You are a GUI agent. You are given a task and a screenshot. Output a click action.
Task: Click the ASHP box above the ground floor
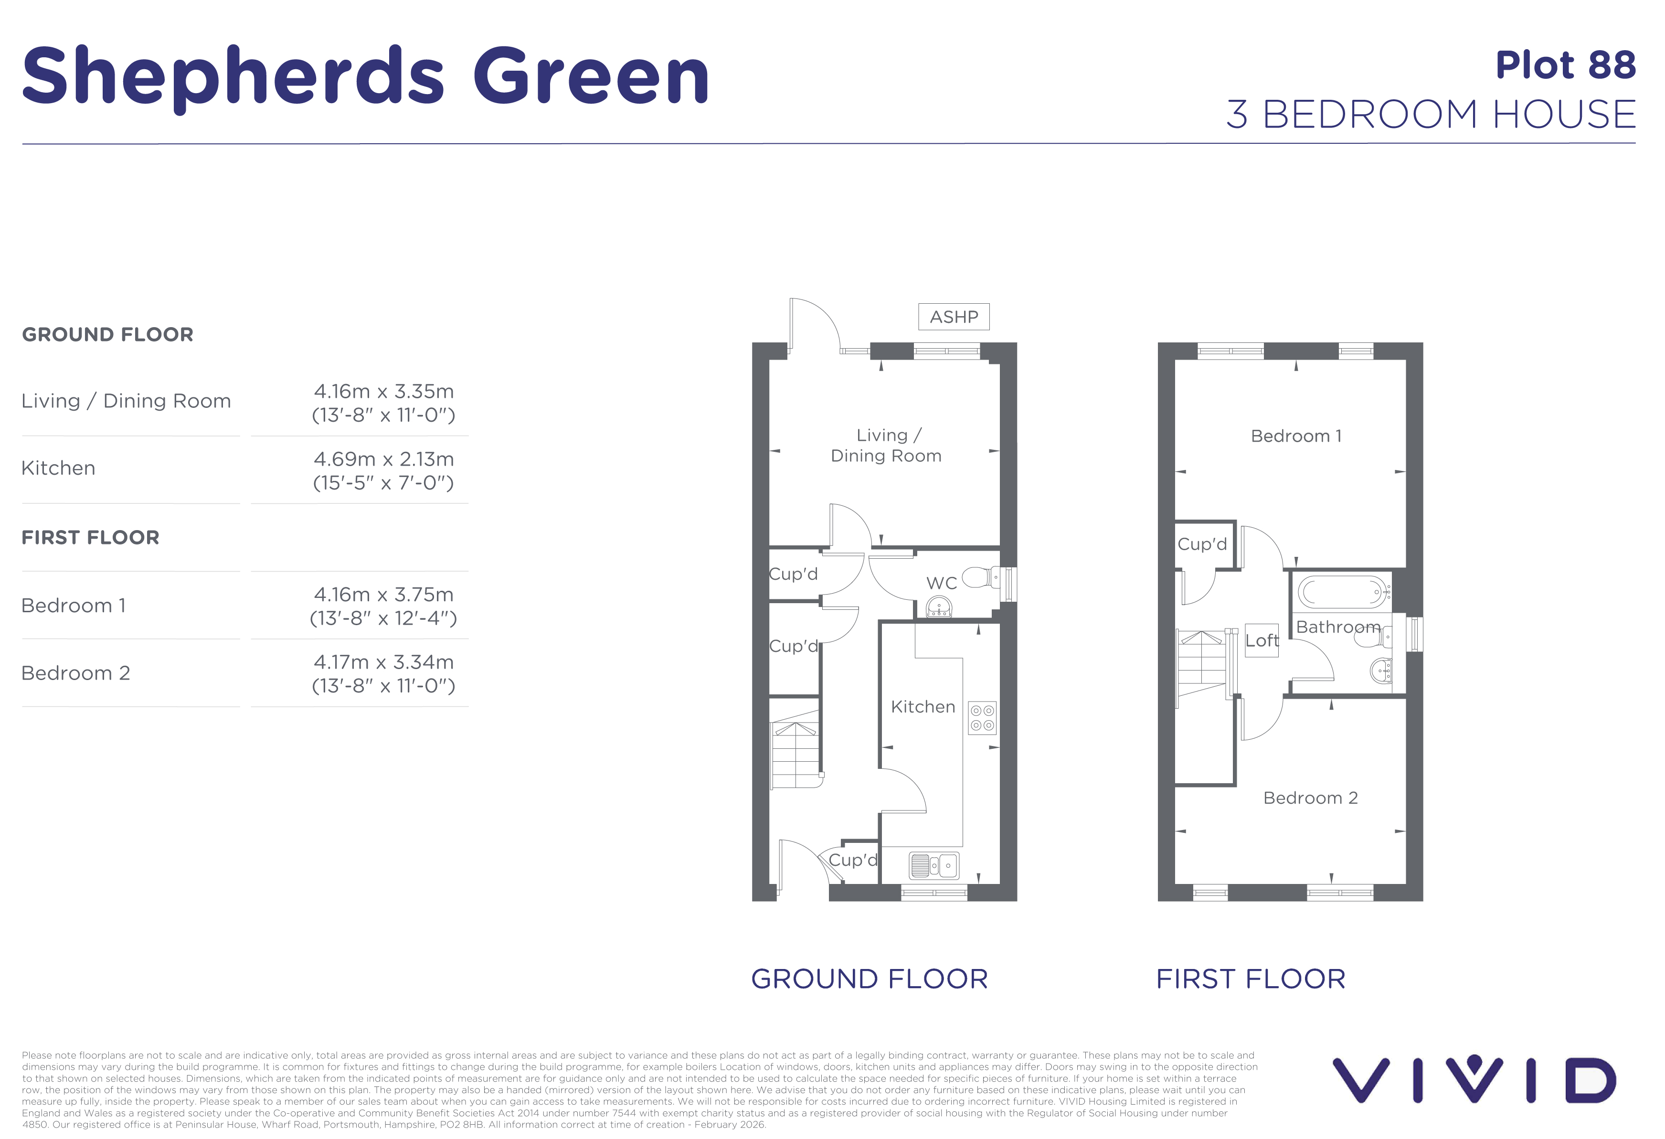point(954,317)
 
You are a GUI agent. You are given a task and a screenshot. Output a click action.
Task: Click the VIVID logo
point(1474,1079)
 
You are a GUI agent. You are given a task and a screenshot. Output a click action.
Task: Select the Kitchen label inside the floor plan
point(923,707)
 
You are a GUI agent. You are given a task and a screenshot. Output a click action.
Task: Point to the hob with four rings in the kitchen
point(982,718)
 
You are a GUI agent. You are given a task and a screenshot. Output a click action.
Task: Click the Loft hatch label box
point(1262,640)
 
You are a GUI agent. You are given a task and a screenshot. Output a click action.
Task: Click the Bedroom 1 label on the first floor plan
point(1296,436)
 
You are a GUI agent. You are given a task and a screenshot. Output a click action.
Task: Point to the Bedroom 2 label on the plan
point(1310,798)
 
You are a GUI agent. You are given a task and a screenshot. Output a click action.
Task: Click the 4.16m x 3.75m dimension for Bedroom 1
point(384,595)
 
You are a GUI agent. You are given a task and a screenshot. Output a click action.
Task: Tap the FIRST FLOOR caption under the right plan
point(1251,979)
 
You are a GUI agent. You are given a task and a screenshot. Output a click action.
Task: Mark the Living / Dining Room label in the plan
point(886,446)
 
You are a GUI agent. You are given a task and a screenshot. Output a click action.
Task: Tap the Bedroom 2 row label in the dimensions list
point(76,673)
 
